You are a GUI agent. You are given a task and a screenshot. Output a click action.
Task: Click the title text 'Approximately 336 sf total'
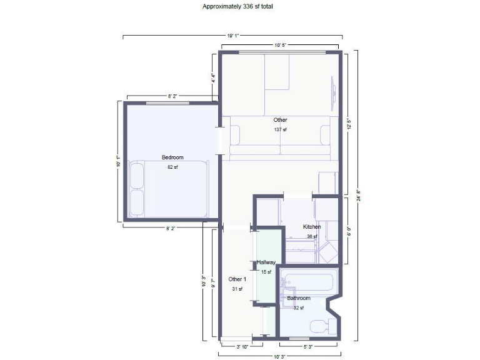237,6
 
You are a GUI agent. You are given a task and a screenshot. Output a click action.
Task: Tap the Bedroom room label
172,157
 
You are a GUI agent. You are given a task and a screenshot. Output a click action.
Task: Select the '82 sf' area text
172,167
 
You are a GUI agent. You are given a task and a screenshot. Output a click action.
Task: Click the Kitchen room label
312,227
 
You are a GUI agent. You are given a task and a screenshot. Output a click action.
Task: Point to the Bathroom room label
299,298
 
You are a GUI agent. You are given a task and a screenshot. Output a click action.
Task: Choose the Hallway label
266,262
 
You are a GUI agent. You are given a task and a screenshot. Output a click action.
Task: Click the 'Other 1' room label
237,279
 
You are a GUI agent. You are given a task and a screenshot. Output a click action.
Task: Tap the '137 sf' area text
280,130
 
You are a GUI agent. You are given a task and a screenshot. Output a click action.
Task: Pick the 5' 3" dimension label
309,346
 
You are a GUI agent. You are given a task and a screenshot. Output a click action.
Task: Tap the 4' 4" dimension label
213,79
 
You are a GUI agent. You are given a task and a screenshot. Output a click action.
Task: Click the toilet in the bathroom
320,326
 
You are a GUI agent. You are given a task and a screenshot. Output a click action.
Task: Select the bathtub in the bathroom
309,282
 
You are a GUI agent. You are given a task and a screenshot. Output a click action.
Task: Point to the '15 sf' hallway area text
266,272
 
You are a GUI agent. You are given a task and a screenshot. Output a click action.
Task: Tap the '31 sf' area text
237,289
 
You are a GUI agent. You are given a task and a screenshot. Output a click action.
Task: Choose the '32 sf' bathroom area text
299,307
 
